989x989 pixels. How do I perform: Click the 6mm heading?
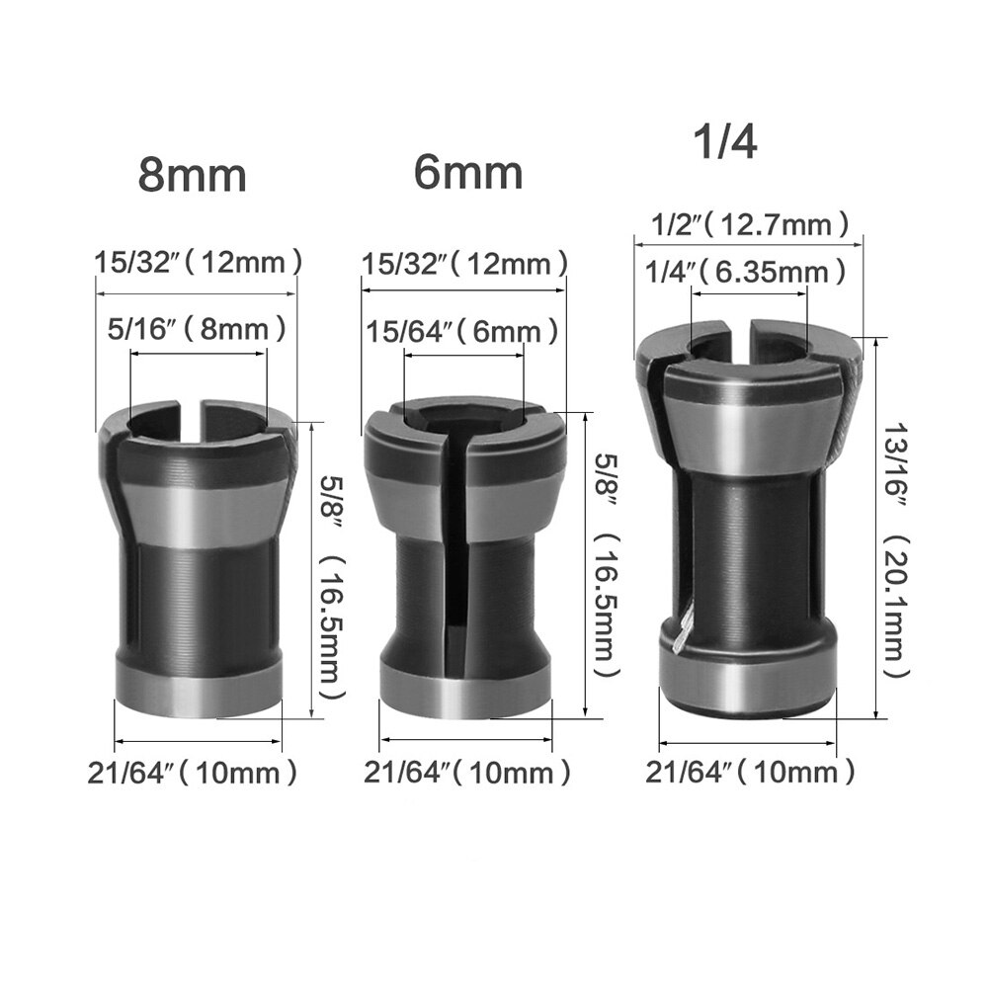(x=467, y=173)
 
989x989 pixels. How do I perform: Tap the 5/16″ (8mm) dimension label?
(x=198, y=326)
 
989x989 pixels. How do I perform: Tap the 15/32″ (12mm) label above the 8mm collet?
(x=198, y=264)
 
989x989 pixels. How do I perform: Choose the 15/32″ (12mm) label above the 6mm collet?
(x=463, y=265)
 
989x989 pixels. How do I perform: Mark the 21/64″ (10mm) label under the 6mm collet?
(x=466, y=772)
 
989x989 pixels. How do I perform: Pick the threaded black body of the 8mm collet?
(x=198, y=603)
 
